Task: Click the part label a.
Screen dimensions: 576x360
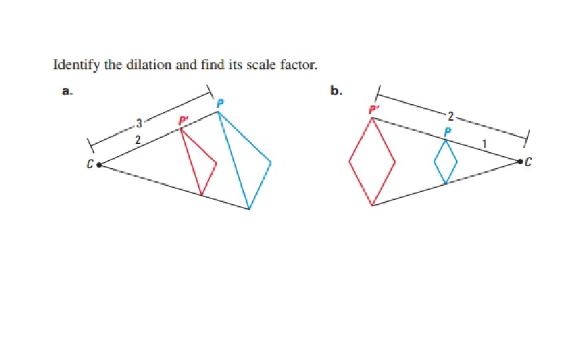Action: point(67,92)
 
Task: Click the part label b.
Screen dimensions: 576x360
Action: point(337,92)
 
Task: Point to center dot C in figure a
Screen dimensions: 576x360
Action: point(99,165)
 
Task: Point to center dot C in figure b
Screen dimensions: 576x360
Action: point(520,161)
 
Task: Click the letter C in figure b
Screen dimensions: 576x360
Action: point(529,161)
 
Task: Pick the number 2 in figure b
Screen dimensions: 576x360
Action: point(451,115)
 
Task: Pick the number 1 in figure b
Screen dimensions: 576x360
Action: point(486,143)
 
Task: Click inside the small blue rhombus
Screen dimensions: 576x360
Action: point(445,161)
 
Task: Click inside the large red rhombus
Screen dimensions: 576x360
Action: point(372,161)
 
